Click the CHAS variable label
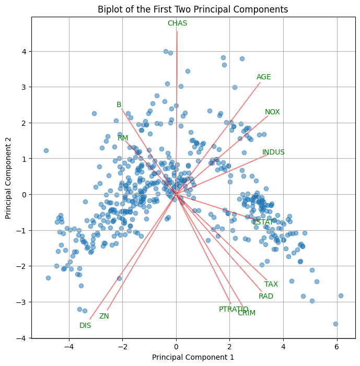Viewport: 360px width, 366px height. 177,23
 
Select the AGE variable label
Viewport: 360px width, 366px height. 264,77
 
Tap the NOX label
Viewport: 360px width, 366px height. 272,112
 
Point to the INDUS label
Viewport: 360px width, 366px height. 273,152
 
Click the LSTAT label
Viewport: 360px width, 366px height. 262,222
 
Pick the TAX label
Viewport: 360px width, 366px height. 271,285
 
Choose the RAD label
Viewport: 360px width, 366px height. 266,297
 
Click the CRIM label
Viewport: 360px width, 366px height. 247,313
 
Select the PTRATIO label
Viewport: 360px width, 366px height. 234,310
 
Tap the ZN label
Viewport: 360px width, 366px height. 104,316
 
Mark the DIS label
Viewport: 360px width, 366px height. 85,326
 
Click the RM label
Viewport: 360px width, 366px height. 123,138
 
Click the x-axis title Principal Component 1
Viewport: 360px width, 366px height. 193,358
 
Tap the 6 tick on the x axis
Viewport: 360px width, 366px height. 336,347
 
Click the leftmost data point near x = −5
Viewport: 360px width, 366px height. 46,150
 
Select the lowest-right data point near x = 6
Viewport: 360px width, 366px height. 335,324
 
